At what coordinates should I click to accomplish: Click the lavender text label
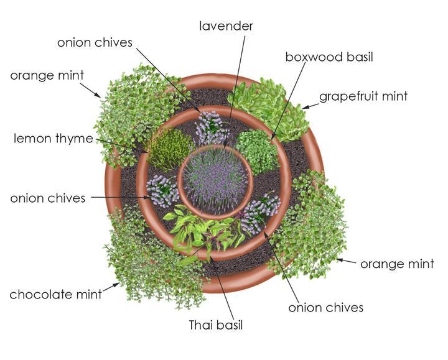[226, 26]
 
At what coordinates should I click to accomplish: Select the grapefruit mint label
[363, 96]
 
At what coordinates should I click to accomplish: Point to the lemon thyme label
[54, 139]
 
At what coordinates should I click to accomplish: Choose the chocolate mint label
[55, 294]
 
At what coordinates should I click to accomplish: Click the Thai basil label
[215, 325]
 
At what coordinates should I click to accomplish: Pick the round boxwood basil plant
[256, 150]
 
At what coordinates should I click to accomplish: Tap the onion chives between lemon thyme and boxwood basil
[212, 128]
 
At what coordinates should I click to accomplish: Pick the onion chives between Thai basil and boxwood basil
[260, 211]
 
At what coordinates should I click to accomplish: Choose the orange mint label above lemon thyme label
[47, 76]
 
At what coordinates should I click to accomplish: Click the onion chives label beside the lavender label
[95, 42]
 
